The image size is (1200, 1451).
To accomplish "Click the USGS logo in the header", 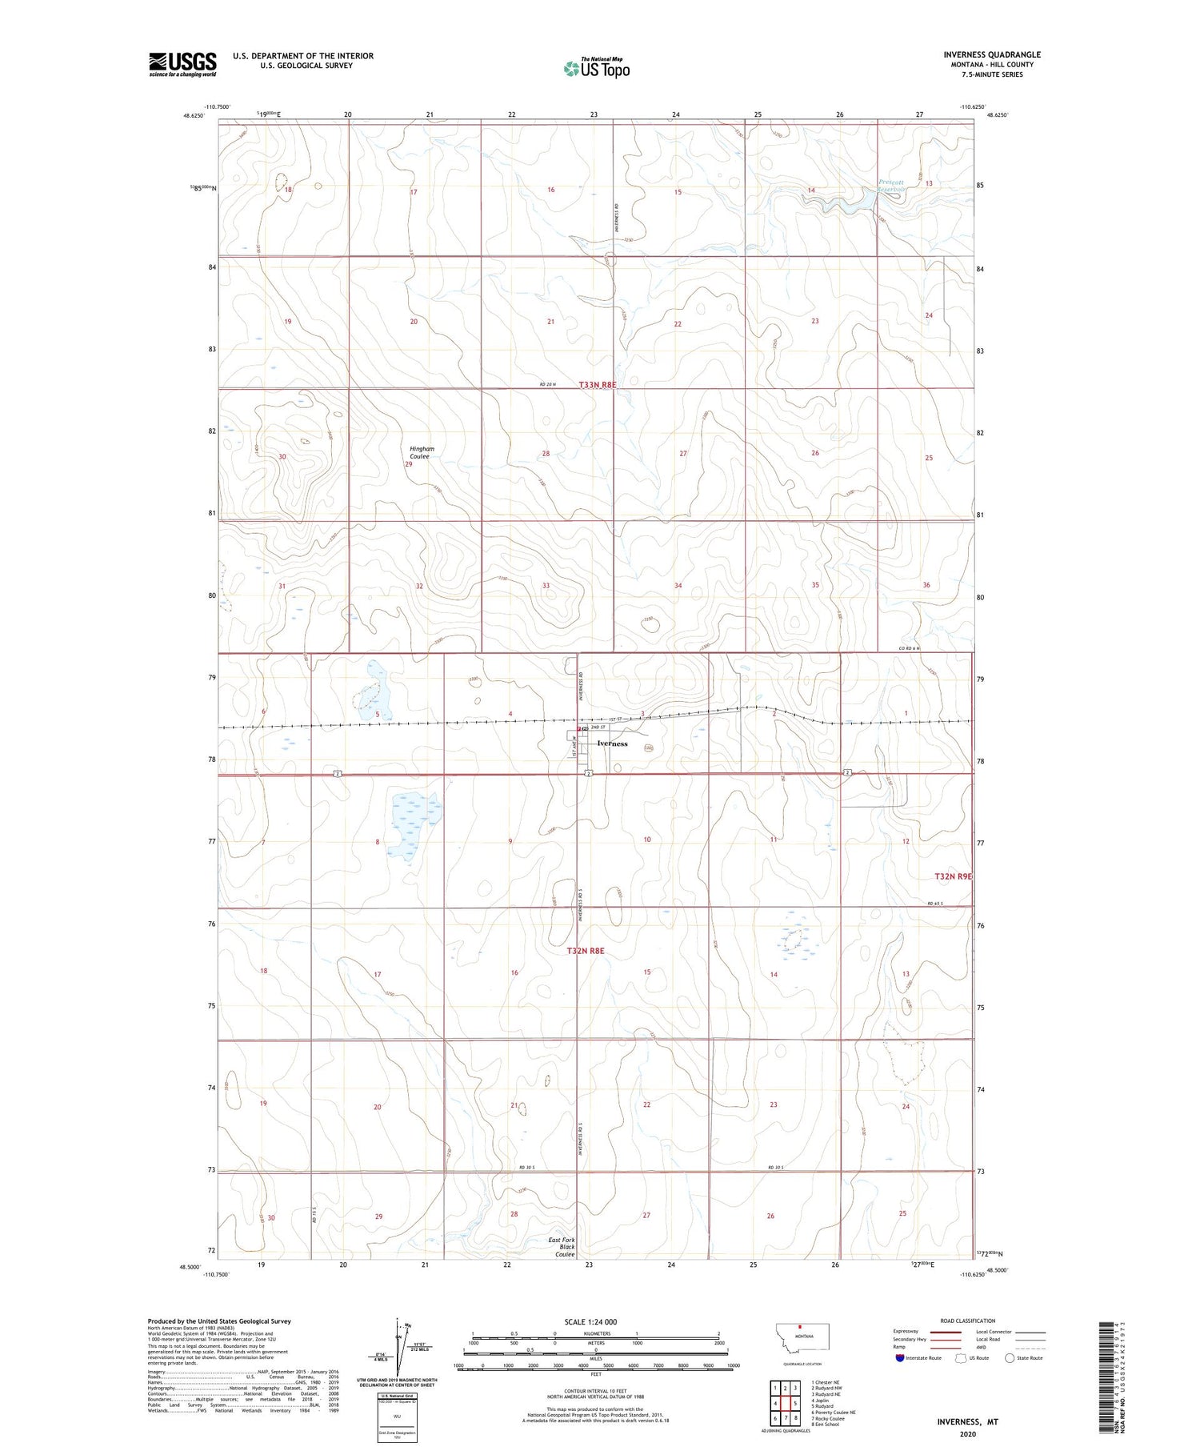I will [182, 64].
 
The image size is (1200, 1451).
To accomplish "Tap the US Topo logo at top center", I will [597, 69].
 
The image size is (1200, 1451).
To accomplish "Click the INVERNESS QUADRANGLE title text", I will [992, 54].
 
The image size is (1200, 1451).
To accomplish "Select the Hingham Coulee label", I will [420, 453].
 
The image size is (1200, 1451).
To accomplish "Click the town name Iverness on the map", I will [612, 744].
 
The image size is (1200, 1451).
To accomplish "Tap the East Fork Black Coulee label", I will [562, 1247].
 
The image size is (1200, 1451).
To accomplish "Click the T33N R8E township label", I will [598, 385].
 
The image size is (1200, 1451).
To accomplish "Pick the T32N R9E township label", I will [953, 876].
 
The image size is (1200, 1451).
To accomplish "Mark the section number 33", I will [546, 586].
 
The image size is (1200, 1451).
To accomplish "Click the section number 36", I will [926, 585].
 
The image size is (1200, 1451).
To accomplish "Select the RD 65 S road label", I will [935, 904].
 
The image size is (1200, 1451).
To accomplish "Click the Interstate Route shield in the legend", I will [899, 1358].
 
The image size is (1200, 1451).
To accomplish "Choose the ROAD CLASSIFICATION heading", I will [968, 1321].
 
